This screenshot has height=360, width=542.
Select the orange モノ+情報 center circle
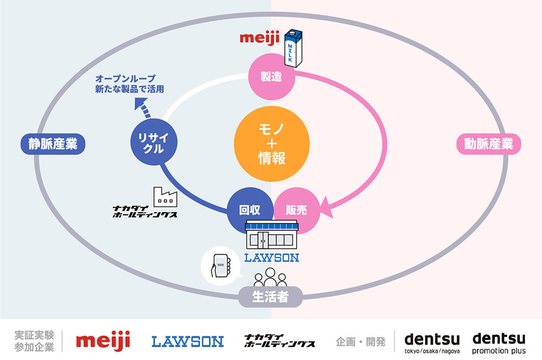coord(272,143)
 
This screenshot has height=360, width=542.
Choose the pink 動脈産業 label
coord(489,143)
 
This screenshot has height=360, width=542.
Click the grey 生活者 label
coord(270,296)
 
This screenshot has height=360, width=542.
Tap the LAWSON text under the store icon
coord(272,258)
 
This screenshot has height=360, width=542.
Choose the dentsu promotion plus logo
coord(499,343)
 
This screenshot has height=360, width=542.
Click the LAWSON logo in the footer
coord(187,341)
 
